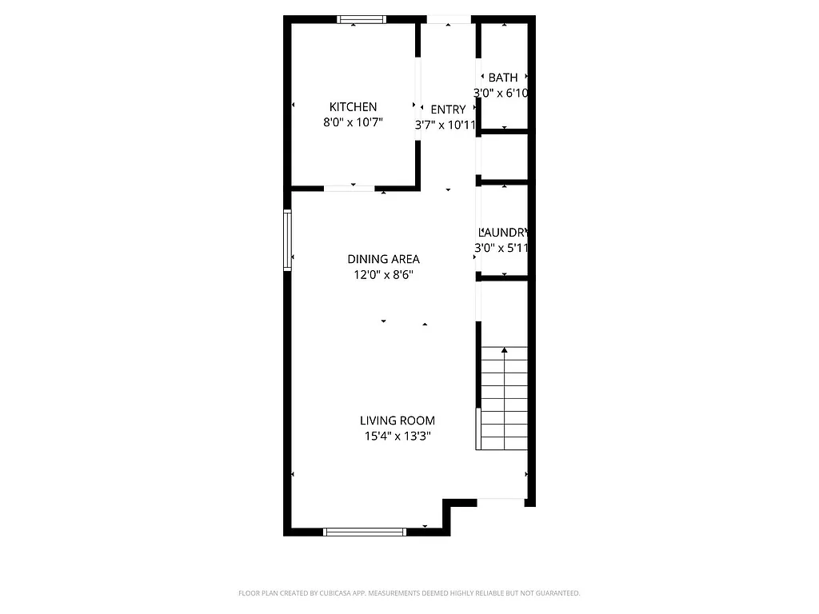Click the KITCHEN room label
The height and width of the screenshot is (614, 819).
(x=353, y=107)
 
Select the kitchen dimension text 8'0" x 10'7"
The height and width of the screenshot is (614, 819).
(x=353, y=123)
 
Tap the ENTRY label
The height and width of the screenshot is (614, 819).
(x=448, y=110)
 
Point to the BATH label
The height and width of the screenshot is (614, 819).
(x=503, y=78)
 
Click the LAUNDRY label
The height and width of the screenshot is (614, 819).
(x=503, y=232)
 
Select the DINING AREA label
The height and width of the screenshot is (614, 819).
(x=383, y=259)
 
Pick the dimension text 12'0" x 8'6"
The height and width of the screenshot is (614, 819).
(x=383, y=275)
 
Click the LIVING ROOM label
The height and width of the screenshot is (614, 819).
(x=397, y=421)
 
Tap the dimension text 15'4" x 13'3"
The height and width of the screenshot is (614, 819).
(x=397, y=437)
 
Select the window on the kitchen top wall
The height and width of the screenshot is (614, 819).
(x=362, y=19)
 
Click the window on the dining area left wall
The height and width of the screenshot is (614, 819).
(x=287, y=240)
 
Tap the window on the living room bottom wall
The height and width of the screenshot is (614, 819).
(x=365, y=531)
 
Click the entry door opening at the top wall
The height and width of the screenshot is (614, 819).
(x=448, y=19)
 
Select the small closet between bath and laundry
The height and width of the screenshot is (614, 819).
(x=504, y=157)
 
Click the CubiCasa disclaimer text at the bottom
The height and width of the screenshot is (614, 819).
(x=409, y=593)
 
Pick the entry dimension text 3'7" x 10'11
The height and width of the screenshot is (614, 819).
(x=445, y=126)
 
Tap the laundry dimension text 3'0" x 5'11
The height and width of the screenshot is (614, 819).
(x=501, y=248)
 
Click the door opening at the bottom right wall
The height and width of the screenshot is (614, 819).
(x=501, y=502)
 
